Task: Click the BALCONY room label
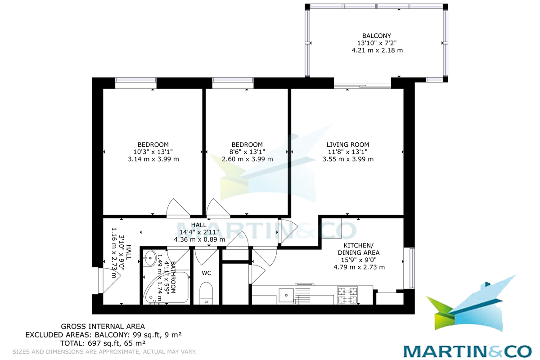point(377,36)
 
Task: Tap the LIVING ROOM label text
point(347,145)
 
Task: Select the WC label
point(207,273)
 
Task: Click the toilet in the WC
point(207,293)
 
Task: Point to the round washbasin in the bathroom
point(150,258)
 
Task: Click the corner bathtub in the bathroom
point(166,288)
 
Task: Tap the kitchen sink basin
point(286,295)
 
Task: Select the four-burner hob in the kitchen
point(347,295)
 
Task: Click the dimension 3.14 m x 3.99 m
point(153,159)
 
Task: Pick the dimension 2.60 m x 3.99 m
point(247,159)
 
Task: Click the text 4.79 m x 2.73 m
point(359,267)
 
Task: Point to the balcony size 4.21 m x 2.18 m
point(377,50)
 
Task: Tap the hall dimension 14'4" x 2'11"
point(199,232)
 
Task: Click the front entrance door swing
point(110,281)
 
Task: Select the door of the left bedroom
point(178,208)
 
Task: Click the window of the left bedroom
point(136,83)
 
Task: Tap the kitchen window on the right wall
point(409,268)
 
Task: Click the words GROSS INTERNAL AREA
point(103,327)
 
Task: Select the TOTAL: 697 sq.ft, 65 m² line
point(103,343)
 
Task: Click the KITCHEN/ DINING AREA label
point(359,249)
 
